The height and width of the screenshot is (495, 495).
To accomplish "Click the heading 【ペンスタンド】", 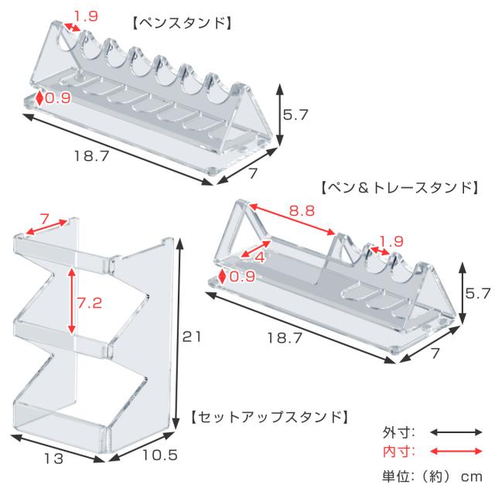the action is [182, 24].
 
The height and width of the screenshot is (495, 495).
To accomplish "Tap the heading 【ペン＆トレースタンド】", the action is [400, 188].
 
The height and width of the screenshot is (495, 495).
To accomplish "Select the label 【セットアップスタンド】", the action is [270, 418].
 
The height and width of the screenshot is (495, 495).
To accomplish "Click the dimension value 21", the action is [191, 337].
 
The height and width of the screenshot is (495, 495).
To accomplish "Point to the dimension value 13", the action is [53, 459].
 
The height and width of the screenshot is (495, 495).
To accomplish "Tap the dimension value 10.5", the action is [160, 455].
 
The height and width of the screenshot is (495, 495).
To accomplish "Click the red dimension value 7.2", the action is [90, 303].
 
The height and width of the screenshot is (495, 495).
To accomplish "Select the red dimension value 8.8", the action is [302, 210].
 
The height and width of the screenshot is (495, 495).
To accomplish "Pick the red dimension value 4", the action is [260, 258].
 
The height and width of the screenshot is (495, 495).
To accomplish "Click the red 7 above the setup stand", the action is [45, 219].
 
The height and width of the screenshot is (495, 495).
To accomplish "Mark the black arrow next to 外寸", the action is [456, 432].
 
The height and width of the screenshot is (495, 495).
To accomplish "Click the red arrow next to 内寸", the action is [456, 452].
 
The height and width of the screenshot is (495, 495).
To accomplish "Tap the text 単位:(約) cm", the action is [432, 476].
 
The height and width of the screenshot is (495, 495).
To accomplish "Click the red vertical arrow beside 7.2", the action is [72, 301].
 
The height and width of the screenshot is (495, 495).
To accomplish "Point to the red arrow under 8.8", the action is [292, 220].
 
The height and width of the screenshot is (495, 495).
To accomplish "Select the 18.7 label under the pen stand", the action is [91, 156].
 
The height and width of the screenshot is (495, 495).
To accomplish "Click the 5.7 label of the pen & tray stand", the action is [478, 293].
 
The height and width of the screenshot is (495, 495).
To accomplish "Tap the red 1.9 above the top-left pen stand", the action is [86, 15].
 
